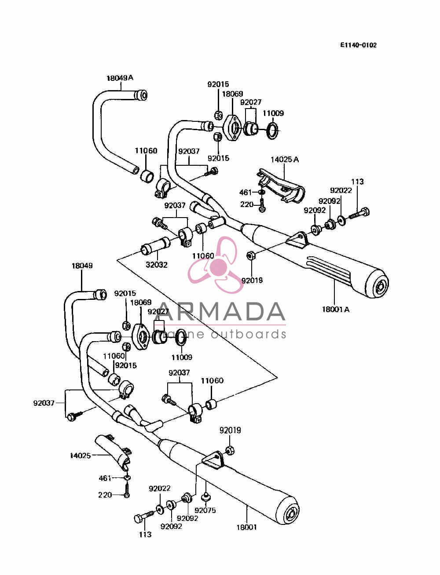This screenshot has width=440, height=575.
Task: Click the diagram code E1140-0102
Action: [x=358, y=45]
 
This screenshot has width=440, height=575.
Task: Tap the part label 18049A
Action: [x=120, y=78]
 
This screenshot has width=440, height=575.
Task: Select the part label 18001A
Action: [x=336, y=309]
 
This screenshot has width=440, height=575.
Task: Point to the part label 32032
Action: [x=157, y=265]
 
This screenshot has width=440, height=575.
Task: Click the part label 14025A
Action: [x=285, y=159]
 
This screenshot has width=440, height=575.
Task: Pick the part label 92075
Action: [x=205, y=510]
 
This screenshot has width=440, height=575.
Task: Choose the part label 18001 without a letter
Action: [x=247, y=527]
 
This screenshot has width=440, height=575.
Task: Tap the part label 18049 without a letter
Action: [x=82, y=266]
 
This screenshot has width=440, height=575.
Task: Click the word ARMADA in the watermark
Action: [x=220, y=312]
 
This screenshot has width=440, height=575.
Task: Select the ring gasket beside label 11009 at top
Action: [x=273, y=130]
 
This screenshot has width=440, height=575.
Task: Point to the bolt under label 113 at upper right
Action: [x=359, y=213]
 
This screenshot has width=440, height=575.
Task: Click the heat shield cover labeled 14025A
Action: [x=281, y=186]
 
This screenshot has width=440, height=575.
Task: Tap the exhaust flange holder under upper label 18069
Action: [x=232, y=128]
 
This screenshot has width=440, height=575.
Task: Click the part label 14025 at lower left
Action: [x=80, y=456]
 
